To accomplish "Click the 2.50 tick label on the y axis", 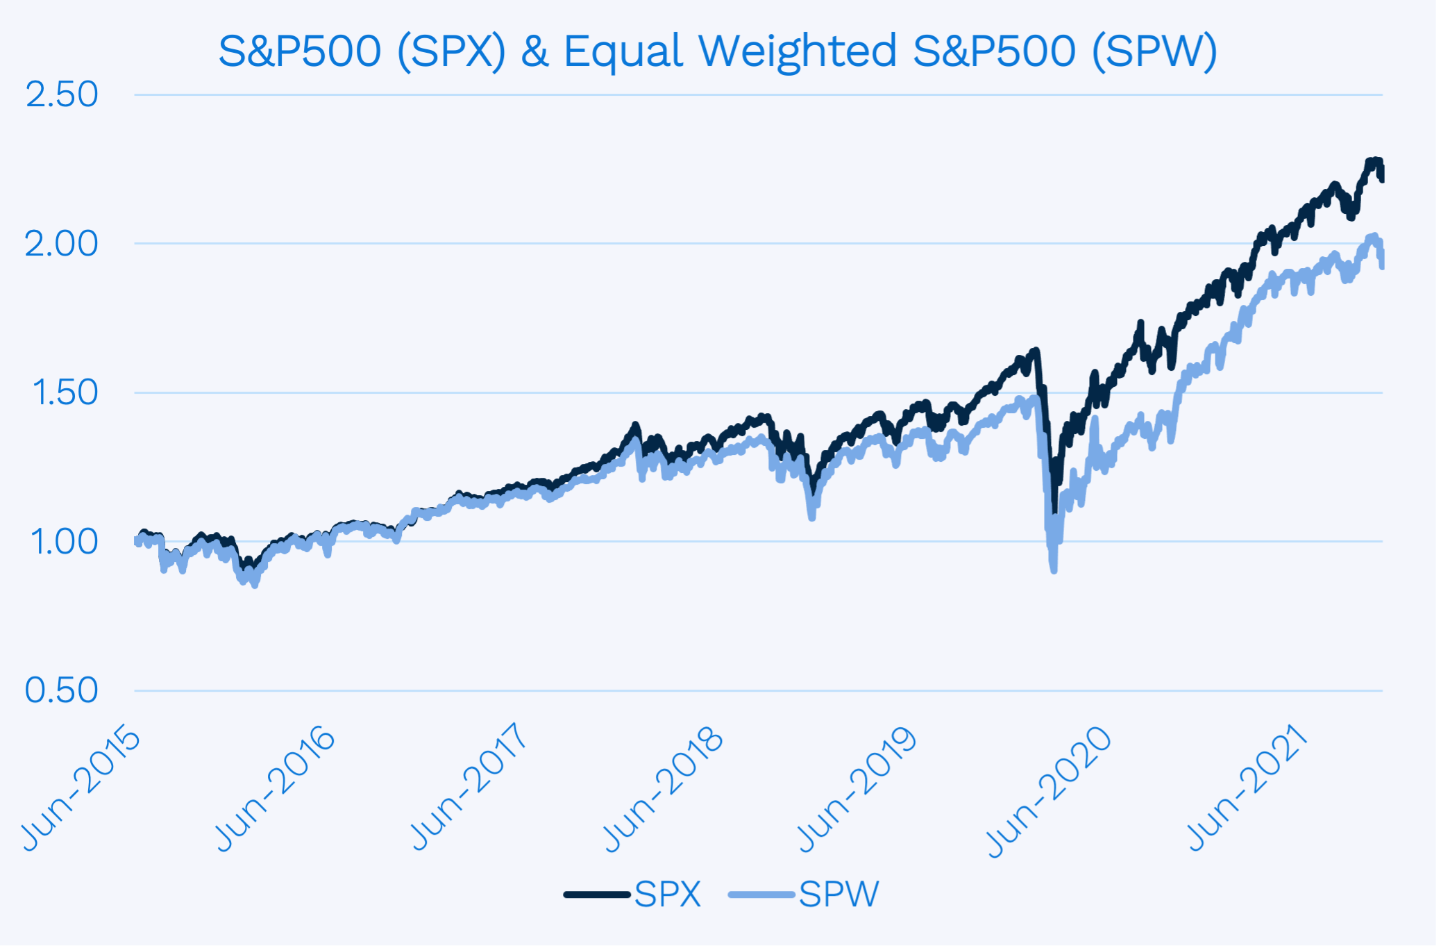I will coord(62,94).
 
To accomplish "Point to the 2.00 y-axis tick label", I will coord(62,244).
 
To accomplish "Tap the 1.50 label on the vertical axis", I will coord(65,392).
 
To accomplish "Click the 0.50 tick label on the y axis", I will coord(62,690).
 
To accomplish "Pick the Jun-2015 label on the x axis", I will coord(81,788).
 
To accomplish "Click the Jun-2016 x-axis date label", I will coord(275,788).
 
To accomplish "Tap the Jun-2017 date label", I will coord(469,788).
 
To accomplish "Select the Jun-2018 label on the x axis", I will coord(663,788).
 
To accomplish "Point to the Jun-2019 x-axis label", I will coord(857,788).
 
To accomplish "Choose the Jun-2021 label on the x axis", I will coord(1247,788).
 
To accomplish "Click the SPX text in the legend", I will coord(667,894).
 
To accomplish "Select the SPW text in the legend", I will coord(839,894).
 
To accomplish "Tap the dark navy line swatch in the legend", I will coord(597,895).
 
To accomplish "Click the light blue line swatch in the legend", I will coord(761,895).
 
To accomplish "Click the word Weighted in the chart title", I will coord(798,51).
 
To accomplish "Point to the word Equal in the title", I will coord(623,51).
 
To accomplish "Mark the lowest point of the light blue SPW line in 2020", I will coord(1054,570).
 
